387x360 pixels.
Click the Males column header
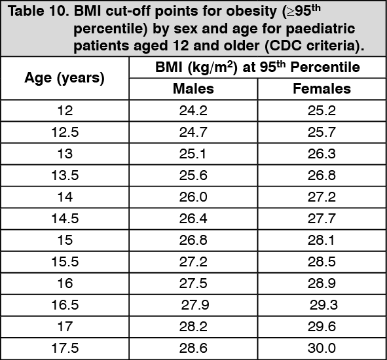pyautogui.click(x=193, y=89)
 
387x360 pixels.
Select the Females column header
pyautogui.click(x=322, y=89)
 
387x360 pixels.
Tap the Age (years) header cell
pyautogui.click(x=64, y=78)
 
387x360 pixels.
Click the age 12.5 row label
pyautogui.click(x=65, y=132)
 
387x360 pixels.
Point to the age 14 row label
pyautogui.click(x=65, y=197)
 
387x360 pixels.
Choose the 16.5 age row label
pyautogui.click(x=65, y=305)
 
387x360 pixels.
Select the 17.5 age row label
pyautogui.click(x=65, y=348)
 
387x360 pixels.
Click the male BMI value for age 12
pyautogui.click(x=193, y=111)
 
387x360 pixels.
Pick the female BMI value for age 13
pyautogui.click(x=322, y=154)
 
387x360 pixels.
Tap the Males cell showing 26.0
pyautogui.click(x=193, y=197)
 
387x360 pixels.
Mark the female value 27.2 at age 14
pyautogui.click(x=322, y=197)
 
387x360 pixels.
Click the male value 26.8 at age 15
pyautogui.click(x=193, y=240)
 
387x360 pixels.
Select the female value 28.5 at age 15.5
pyautogui.click(x=322, y=262)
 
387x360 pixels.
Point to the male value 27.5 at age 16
pyautogui.click(x=193, y=283)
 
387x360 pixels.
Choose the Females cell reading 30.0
pyautogui.click(x=322, y=348)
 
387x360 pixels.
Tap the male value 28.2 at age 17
pyautogui.click(x=193, y=327)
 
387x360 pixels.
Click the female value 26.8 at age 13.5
pyautogui.click(x=322, y=175)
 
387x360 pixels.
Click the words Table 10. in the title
pyautogui.click(x=39, y=11)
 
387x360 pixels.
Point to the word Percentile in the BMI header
pyautogui.click(x=325, y=67)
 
